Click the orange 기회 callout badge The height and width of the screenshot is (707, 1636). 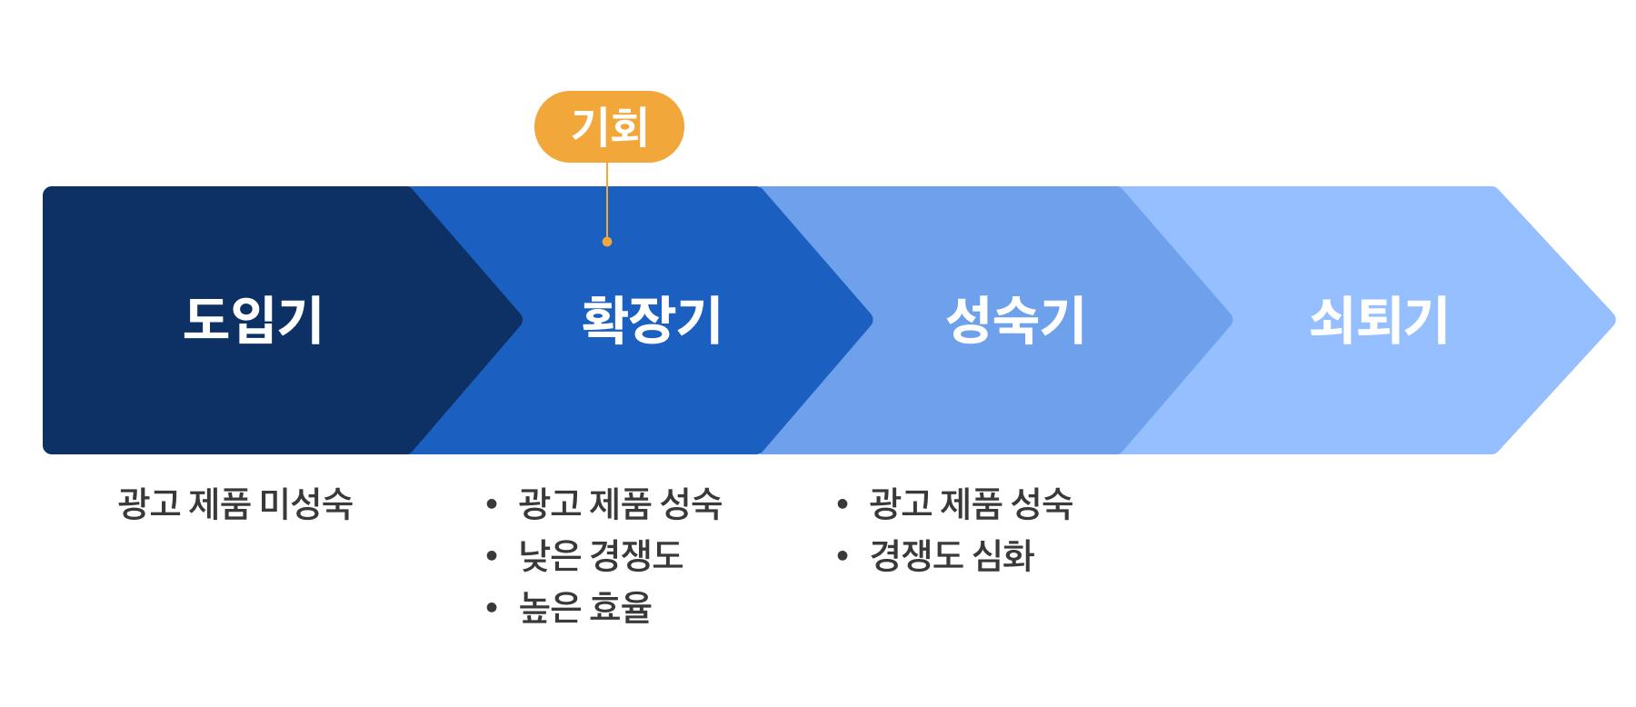pos(609,126)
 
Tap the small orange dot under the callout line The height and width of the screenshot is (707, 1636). pos(607,242)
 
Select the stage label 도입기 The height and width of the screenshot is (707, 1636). pos(253,320)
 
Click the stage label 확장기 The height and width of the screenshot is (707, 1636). pos(651,320)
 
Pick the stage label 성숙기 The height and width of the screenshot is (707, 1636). pos(1015,320)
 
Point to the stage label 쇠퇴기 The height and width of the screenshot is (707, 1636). pos(1378,320)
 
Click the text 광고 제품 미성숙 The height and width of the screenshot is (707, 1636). pos(234,503)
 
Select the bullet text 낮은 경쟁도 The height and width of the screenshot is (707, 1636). pos(601,555)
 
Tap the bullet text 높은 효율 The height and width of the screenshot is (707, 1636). pos(585,607)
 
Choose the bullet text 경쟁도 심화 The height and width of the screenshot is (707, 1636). pos(952,555)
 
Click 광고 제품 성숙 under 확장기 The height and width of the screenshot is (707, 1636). pos(620,503)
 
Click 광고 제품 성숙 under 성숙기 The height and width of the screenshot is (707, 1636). pos(971,503)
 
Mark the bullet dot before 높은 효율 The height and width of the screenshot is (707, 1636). pos(492,608)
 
